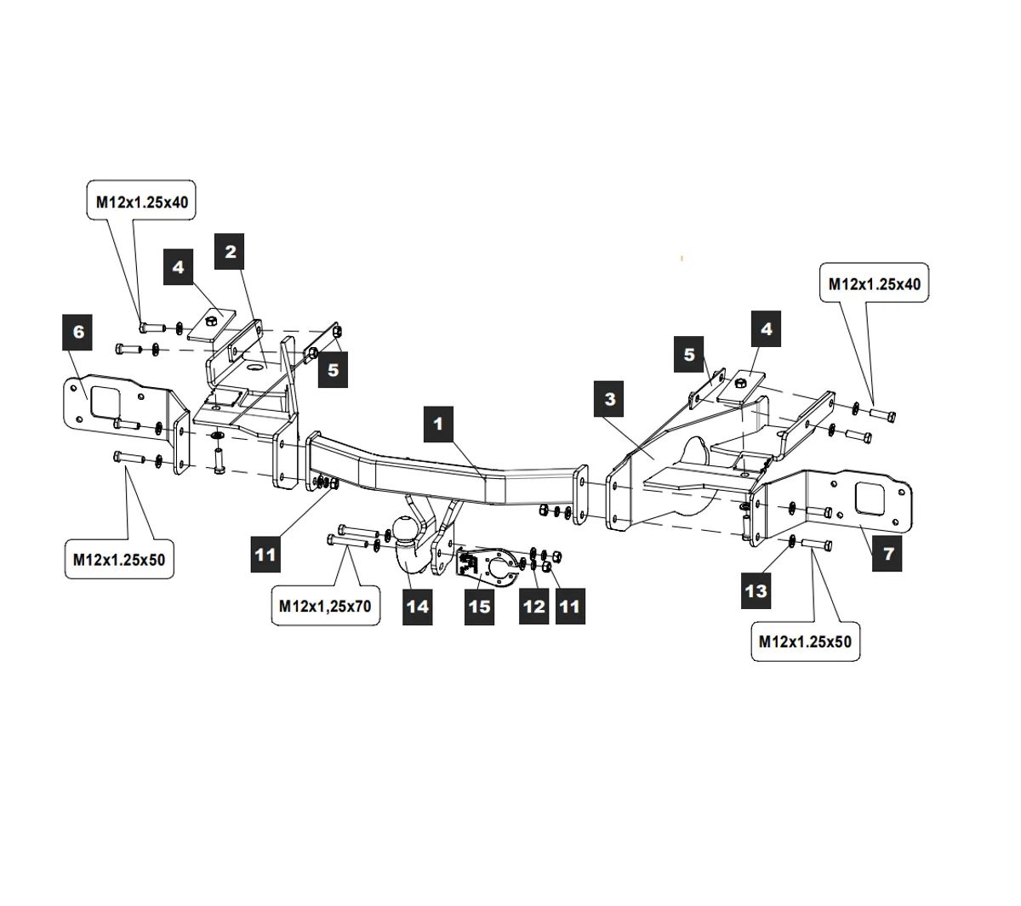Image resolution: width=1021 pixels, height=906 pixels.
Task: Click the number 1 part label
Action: [x=438, y=423]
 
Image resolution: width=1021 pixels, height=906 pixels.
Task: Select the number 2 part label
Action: [x=230, y=251]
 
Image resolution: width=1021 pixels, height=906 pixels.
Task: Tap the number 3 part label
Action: [x=610, y=398]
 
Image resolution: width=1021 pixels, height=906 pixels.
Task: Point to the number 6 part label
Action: [x=79, y=331]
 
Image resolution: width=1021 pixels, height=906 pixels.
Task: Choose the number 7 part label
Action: [x=888, y=554]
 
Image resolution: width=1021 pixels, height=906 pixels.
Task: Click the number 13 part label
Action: [x=756, y=590]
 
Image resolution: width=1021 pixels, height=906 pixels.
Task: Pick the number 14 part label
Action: [x=418, y=607]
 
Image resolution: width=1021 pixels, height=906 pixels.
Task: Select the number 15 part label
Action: [x=480, y=607]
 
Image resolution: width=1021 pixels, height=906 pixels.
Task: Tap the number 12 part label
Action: [x=533, y=607]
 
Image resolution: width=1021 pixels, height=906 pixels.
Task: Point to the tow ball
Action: [x=406, y=529]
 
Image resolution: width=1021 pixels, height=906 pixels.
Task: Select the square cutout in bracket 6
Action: [x=107, y=402]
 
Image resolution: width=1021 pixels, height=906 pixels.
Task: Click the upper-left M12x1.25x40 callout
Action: [x=142, y=202]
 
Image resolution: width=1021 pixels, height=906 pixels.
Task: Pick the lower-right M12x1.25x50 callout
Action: [x=805, y=641]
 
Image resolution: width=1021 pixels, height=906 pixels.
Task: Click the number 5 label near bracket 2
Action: [x=333, y=370]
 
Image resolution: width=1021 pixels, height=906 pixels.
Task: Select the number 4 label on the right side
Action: [x=767, y=328]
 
